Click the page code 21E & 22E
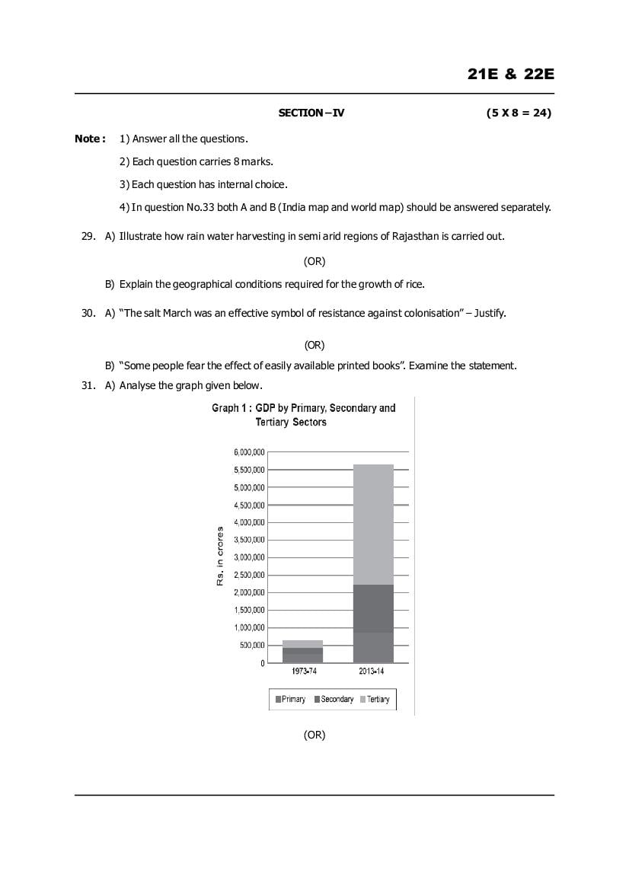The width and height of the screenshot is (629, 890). pos(511,74)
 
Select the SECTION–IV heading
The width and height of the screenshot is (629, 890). pos(311,113)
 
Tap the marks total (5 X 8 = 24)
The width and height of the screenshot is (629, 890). pos(519,113)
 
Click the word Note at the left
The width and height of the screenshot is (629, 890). pos(88,139)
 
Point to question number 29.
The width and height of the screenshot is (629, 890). pos(88,236)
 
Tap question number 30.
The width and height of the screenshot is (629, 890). pos(88,313)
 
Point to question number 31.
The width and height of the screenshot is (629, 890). pos(88,385)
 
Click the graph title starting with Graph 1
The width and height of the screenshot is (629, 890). pos(303,415)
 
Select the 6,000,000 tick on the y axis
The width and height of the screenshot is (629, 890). pos(249,452)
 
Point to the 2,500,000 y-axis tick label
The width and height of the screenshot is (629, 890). pos(249,575)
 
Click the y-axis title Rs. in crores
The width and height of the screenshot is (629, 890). pos(219,556)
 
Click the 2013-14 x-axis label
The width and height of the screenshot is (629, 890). pos(372,671)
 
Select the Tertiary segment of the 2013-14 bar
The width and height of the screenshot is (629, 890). pos(373,525)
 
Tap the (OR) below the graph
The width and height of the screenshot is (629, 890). pos(314,735)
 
